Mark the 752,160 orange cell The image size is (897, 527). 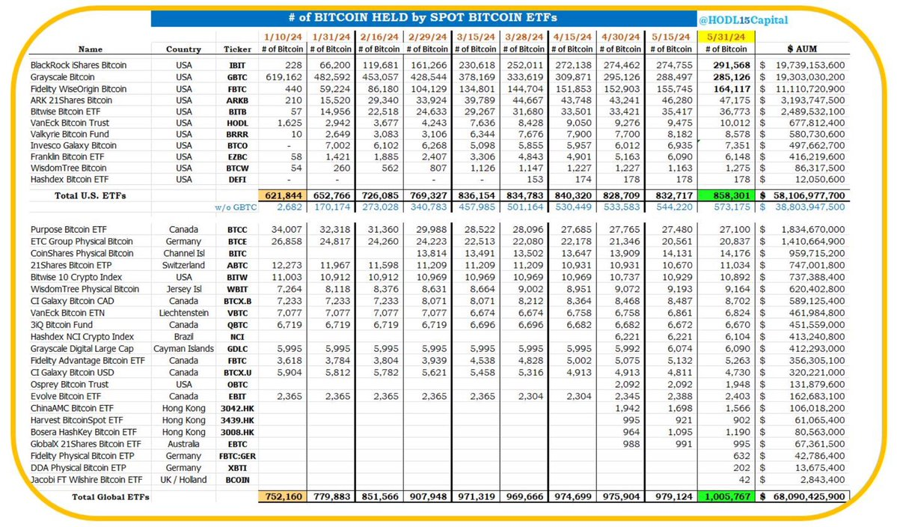(283, 496)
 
